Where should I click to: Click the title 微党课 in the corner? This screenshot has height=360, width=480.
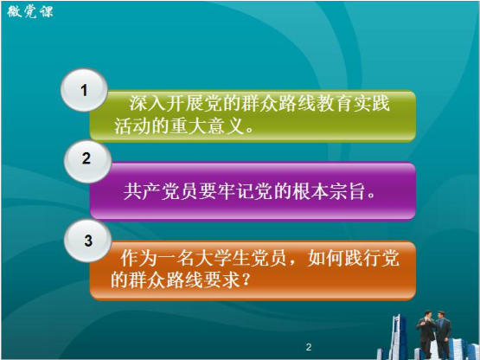click(x=30, y=12)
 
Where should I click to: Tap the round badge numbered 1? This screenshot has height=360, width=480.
click(x=84, y=90)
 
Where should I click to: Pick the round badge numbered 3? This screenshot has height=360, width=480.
click(x=88, y=241)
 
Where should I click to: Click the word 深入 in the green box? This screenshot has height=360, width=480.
click(x=147, y=103)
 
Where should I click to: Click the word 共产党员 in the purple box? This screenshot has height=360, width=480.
click(x=160, y=192)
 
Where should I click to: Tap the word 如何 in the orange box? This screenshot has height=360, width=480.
click(x=325, y=258)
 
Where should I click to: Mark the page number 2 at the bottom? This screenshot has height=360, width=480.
click(x=309, y=347)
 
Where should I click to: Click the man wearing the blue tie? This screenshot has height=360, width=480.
click(x=442, y=334)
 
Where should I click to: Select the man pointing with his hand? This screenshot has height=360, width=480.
click(x=426, y=334)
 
